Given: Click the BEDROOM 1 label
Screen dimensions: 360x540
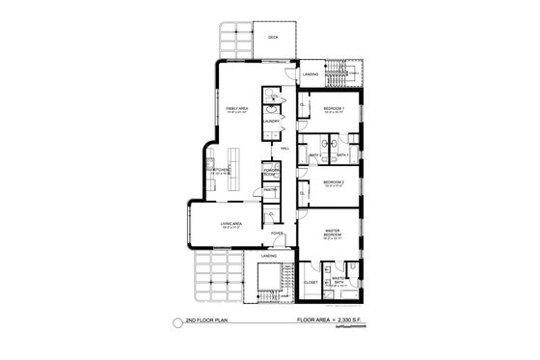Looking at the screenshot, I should pyautogui.click(x=334, y=108).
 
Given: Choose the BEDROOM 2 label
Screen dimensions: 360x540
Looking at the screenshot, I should pyautogui.click(x=334, y=181).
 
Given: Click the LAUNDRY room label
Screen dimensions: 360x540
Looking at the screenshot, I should pyautogui.click(x=273, y=121).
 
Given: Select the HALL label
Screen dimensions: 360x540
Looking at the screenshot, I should pyautogui.click(x=285, y=148).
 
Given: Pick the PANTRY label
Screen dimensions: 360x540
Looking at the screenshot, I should pyautogui.click(x=272, y=190).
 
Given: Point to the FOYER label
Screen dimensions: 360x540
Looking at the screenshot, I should pyautogui.click(x=277, y=233).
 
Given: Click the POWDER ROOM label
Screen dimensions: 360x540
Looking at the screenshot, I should pyautogui.click(x=272, y=171).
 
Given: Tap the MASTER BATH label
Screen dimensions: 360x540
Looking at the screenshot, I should pyautogui.click(x=339, y=281).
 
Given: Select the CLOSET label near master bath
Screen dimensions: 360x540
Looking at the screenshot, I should pyautogui.click(x=310, y=282).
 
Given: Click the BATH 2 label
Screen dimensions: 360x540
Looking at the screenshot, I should pyautogui.click(x=314, y=154).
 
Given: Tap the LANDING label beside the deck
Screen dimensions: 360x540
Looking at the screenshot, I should pyautogui.click(x=310, y=73).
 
